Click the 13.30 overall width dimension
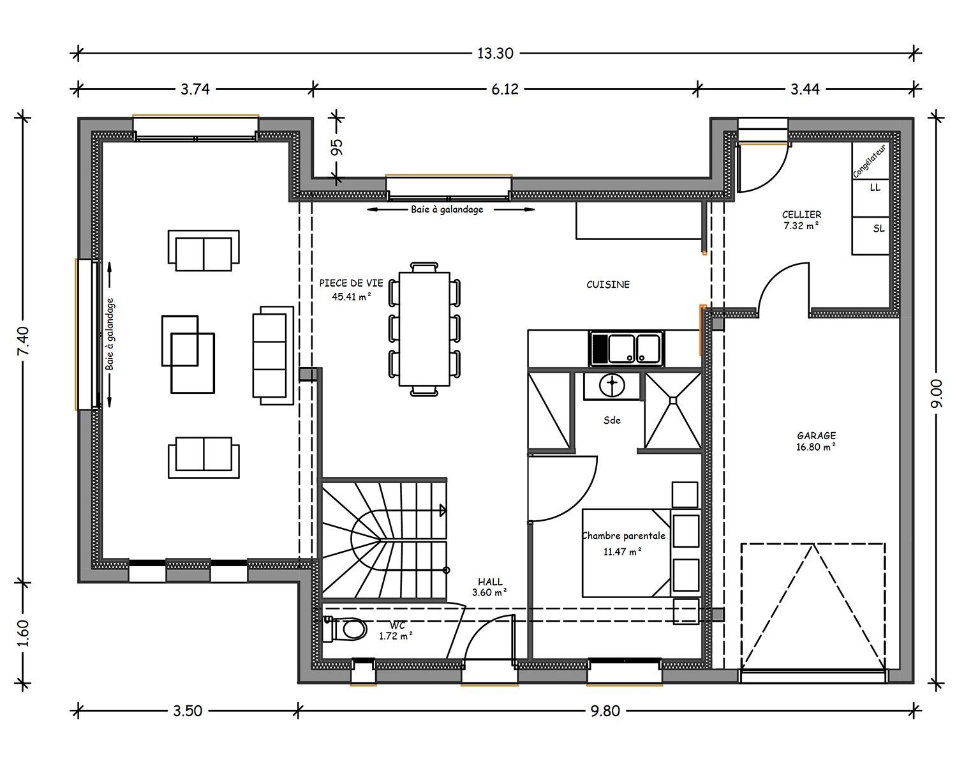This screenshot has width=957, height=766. (x=495, y=54)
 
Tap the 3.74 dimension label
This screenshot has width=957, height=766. (x=195, y=89)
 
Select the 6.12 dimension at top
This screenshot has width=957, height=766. (x=505, y=89)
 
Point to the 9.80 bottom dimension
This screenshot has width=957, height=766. (x=605, y=711)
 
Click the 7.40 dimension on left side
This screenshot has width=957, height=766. (x=23, y=341)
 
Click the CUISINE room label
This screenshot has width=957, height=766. (x=608, y=285)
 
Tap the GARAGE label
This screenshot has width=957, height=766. (x=816, y=435)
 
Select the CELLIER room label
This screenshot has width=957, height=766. (x=802, y=214)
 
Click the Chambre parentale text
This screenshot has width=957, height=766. (x=624, y=536)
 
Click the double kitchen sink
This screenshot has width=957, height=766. (x=627, y=349)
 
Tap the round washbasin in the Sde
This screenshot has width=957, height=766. (x=612, y=386)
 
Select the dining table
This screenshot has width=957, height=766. (x=424, y=329)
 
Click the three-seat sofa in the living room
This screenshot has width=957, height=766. (x=273, y=355)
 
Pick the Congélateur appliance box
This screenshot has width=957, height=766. (x=870, y=161)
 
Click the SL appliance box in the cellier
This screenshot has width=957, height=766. (x=870, y=236)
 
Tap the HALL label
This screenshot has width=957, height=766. (x=490, y=582)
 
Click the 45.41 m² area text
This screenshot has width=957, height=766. (x=352, y=296)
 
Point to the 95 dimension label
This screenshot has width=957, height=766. (x=338, y=147)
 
